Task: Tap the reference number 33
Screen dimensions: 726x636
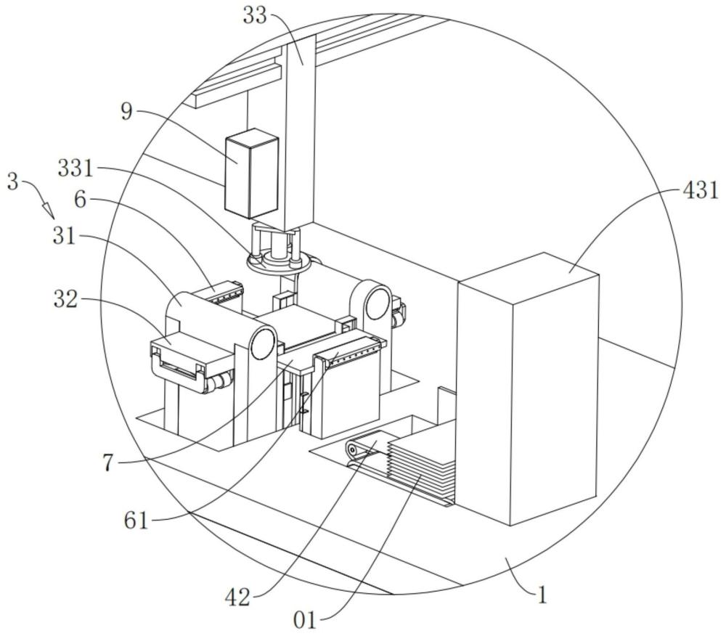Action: [x=255, y=15]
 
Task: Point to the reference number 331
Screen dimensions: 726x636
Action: [x=76, y=168]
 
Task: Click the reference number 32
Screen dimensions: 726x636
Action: [x=65, y=300]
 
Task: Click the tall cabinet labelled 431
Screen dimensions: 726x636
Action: [x=528, y=389]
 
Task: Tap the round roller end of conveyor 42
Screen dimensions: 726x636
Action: [x=353, y=449]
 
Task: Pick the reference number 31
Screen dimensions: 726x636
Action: [x=65, y=237]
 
